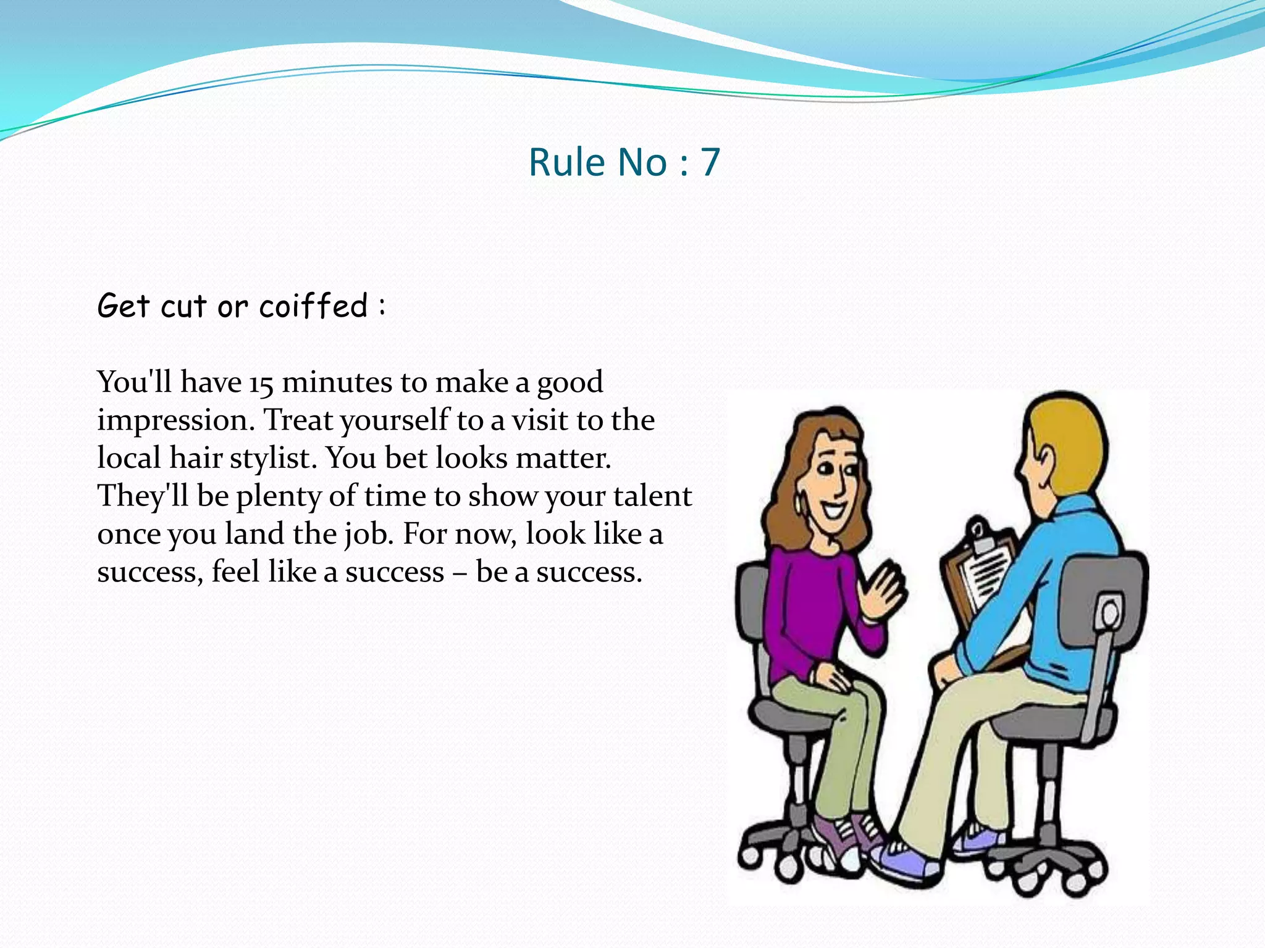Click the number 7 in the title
(710, 162)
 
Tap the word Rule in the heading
(566, 162)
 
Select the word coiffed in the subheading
(313, 306)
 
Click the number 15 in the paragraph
(261, 383)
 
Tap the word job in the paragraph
(369, 534)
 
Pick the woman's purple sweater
(809, 611)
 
